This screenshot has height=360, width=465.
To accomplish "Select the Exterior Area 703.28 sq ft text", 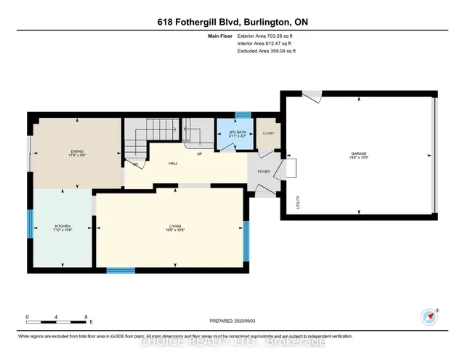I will click(x=267, y=35).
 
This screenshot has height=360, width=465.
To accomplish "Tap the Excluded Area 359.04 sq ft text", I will click(x=267, y=51).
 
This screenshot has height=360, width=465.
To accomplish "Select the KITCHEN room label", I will click(x=62, y=227).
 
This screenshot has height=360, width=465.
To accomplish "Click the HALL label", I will click(x=174, y=164).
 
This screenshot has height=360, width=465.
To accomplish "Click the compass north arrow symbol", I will click(x=430, y=316).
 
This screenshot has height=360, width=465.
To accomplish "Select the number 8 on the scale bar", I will click(x=86, y=317).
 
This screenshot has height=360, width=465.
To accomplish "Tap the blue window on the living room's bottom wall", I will click(x=121, y=271).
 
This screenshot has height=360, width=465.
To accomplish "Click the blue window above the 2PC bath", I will click(x=243, y=114).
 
